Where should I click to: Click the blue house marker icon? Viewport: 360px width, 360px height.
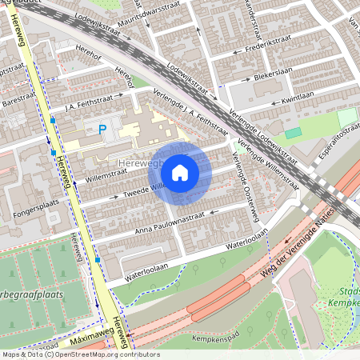point(180,172)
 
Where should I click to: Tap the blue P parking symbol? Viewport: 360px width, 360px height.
point(102,130)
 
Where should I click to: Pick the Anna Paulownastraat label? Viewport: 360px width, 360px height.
point(170,221)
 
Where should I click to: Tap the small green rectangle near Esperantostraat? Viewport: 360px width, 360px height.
point(294,133)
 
